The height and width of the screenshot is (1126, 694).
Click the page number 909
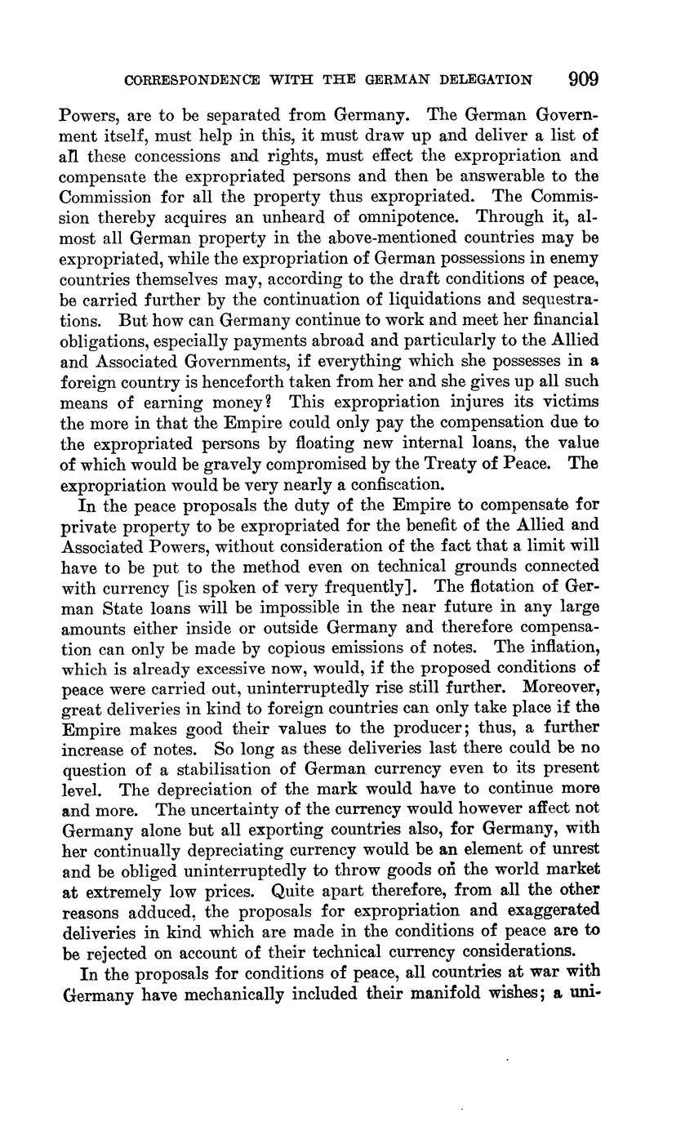click(583, 79)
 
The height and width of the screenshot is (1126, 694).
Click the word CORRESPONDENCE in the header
click(189, 80)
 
